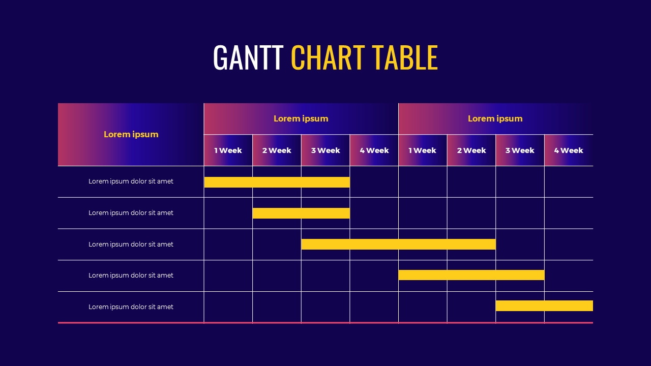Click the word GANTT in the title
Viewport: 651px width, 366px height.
point(248,57)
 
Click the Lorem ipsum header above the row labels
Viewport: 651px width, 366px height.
point(131,134)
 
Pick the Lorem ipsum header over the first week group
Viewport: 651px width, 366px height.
point(301,118)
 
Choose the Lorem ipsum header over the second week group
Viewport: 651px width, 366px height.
point(495,118)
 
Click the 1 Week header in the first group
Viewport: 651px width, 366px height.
point(228,150)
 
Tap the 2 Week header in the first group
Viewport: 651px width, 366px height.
point(277,150)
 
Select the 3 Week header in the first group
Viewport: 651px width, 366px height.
point(325,150)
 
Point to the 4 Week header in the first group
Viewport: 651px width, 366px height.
point(374,150)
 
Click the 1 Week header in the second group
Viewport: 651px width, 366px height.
point(422,150)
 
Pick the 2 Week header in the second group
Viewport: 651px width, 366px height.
point(471,150)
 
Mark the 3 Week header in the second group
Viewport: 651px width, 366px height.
point(520,150)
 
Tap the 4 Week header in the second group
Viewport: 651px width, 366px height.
point(568,150)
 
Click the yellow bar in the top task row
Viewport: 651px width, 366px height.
point(277,182)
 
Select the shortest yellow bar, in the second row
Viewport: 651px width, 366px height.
point(301,213)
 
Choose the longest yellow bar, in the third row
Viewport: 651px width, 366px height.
point(398,244)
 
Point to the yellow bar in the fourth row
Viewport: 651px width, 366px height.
point(471,275)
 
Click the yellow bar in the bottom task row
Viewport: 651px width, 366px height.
point(544,306)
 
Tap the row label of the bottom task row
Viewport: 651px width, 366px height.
point(131,307)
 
